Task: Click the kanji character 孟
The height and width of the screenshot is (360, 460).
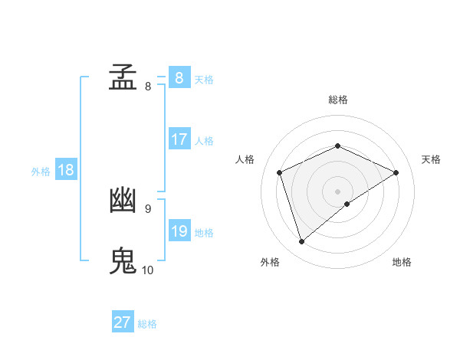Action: pyautogui.click(x=123, y=78)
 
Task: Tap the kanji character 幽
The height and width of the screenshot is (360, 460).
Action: pyautogui.click(x=123, y=201)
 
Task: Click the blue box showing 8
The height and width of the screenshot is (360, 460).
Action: pyautogui.click(x=179, y=78)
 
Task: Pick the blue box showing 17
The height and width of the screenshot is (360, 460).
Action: pyautogui.click(x=179, y=139)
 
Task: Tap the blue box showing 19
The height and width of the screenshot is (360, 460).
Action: pyautogui.click(x=179, y=231)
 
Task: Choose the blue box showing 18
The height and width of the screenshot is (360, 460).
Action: pyautogui.click(x=65, y=170)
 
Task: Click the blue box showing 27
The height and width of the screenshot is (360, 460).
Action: pyautogui.click(x=122, y=322)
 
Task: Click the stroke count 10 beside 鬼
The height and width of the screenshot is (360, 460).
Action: pyautogui.click(x=148, y=270)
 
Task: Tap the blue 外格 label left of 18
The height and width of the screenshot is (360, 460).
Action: pyautogui.click(x=41, y=172)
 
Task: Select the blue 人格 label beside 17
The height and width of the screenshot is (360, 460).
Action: pyautogui.click(x=204, y=141)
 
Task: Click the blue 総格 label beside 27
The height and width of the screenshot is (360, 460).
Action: pyautogui.click(x=147, y=324)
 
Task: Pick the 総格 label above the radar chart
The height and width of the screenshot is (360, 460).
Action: pyautogui.click(x=337, y=100)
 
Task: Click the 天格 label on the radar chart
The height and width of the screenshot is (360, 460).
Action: pyautogui.click(x=432, y=159)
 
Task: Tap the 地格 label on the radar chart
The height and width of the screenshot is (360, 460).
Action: pyautogui.click(x=402, y=262)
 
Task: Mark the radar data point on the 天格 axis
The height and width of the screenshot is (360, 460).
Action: pyautogui.click(x=396, y=172)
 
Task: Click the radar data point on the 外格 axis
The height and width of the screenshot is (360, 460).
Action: pyautogui.click(x=302, y=242)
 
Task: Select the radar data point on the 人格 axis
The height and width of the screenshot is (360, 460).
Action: pyautogui.click(x=280, y=172)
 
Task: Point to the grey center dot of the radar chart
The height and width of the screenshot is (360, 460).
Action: pyautogui.click(x=337, y=191)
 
